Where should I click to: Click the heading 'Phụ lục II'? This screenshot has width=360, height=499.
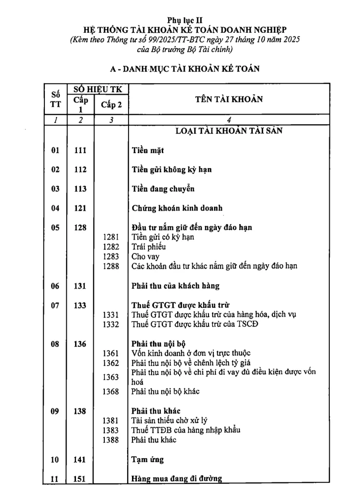coord(184,20)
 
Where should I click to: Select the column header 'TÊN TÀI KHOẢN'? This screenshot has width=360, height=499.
coord(229,99)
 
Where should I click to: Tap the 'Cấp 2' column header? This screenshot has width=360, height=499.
coord(111,104)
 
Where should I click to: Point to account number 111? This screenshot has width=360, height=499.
coord(80,150)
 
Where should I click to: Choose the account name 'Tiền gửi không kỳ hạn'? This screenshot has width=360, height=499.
coord(171,170)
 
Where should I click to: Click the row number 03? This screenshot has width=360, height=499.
coord(55,189)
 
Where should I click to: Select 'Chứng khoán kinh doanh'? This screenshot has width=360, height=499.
coord(177,208)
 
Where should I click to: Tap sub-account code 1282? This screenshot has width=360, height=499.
coord(111,247)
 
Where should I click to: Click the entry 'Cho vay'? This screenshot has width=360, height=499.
coord(146,256)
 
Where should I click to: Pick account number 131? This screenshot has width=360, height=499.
coord(80,286)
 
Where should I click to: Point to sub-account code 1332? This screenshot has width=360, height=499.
coord(111,324)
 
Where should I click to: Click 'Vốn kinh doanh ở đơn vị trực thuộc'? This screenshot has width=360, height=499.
coord(192,353)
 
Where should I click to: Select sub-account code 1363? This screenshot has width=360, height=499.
coord(111,377)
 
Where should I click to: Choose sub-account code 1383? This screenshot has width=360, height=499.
coord(111,430)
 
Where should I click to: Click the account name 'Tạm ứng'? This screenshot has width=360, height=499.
coord(148,460)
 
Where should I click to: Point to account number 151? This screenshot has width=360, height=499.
coord(80,479)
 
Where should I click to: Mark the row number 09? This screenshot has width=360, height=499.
coord(55,411)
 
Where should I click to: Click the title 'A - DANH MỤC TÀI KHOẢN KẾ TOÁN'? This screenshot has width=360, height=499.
coord(184,69)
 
